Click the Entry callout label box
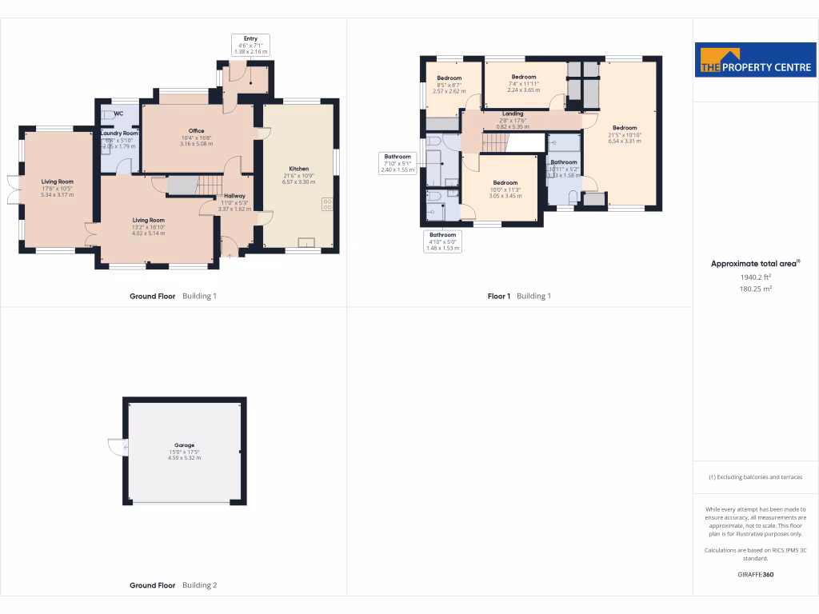point(250,44)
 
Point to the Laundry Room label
point(120,134)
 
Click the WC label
point(118,114)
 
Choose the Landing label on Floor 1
point(513,114)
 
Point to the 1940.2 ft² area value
point(756,277)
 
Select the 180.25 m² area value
point(756,289)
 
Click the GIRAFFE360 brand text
point(756,574)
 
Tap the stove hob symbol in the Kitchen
point(328,204)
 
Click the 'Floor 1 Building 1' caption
point(519,296)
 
